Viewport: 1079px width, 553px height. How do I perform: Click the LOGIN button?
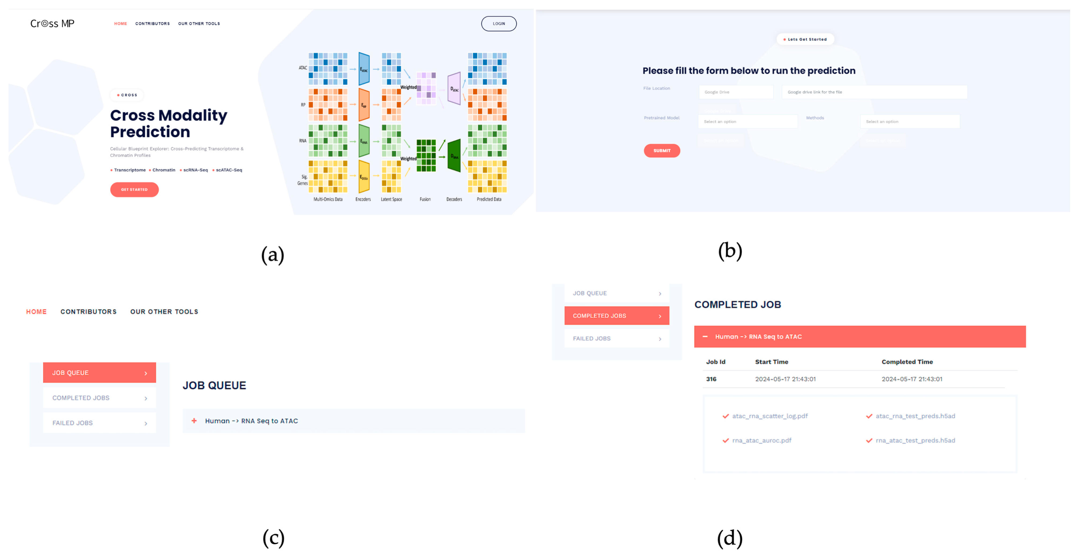pos(499,24)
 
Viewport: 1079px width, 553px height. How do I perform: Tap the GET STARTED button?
pos(134,189)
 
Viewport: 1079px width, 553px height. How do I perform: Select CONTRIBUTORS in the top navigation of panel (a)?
pos(152,24)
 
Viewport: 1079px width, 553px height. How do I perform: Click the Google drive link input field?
pos(874,92)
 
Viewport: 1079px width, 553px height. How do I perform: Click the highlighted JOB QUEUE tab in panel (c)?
pos(99,373)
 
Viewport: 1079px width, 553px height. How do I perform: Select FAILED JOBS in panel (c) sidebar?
pos(99,423)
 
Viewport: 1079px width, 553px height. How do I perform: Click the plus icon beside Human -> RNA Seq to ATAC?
pos(194,421)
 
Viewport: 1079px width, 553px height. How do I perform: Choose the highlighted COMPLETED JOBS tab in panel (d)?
pos(617,315)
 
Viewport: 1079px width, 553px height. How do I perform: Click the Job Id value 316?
pos(711,379)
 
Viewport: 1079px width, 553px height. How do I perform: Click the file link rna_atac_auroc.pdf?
pos(761,440)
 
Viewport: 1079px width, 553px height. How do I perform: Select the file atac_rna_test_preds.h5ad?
pos(915,416)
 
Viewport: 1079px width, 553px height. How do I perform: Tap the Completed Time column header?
pos(907,362)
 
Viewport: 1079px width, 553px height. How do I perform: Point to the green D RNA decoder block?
pos(454,156)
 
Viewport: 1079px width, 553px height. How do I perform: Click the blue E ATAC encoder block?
pos(364,69)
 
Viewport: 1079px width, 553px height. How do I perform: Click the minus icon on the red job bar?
pos(705,336)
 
